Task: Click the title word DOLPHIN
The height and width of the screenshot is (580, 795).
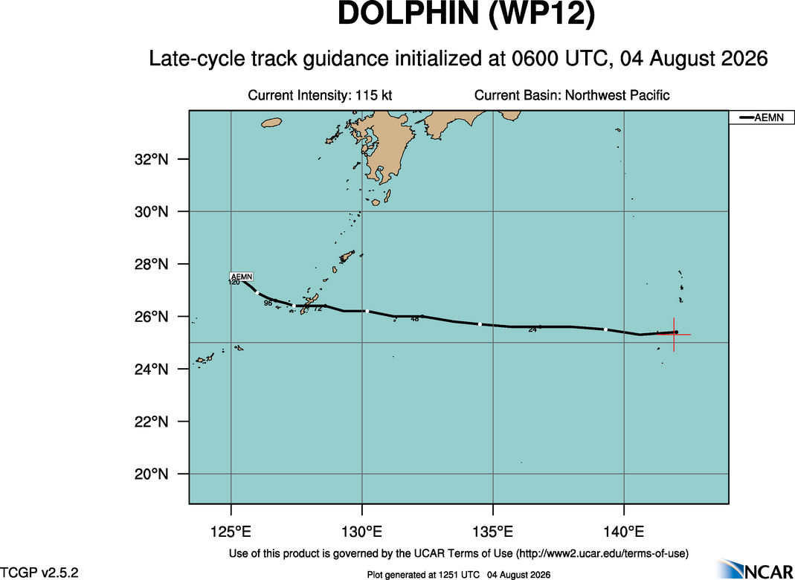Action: point(408,14)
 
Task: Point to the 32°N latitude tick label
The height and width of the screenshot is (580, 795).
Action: point(149,159)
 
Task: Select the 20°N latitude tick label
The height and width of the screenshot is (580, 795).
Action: point(149,474)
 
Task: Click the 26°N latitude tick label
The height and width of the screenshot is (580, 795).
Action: point(149,316)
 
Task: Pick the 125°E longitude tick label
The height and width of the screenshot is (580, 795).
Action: point(231,532)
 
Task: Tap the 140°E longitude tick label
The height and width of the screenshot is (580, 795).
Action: point(624,532)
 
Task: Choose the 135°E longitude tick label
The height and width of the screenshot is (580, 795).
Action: point(493,532)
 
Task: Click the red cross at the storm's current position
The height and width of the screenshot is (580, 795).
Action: point(674,335)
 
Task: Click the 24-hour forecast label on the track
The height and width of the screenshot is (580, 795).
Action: point(532,329)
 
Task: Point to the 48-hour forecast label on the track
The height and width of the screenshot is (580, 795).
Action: point(415,319)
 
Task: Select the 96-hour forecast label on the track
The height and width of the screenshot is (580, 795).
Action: point(268,303)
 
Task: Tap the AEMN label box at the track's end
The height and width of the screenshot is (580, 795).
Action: point(242,277)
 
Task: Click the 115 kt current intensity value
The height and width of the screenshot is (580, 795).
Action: point(373,95)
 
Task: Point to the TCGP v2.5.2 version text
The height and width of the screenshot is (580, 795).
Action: point(39,573)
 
